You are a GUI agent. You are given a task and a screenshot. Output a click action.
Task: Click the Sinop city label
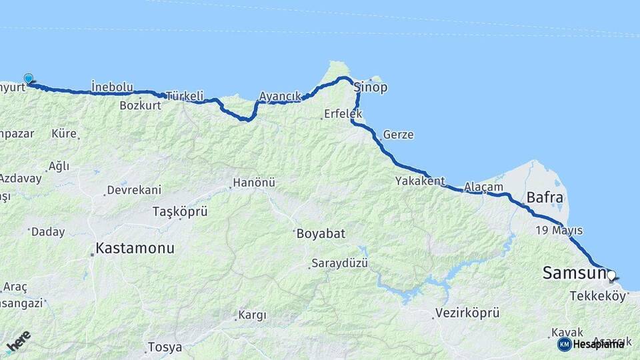pyautogui.click(x=371, y=88)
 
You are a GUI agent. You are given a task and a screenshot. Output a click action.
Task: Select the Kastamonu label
pyautogui.click(x=135, y=248)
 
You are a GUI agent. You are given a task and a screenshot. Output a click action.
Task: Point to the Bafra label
pyautogui.click(x=545, y=197)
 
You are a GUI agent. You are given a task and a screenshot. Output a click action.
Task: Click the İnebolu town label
pyautogui.click(x=112, y=87)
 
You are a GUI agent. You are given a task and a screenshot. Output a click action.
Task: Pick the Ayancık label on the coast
pyautogui.click(x=280, y=96)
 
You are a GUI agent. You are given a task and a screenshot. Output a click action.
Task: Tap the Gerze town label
pyautogui.click(x=398, y=135)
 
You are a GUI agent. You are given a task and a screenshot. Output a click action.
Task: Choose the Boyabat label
pyautogui.click(x=320, y=234)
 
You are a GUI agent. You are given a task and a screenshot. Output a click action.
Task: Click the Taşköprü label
pyautogui.click(x=180, y=212)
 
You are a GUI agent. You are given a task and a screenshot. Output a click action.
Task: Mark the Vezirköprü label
pyautogui.click(x=467, y=312)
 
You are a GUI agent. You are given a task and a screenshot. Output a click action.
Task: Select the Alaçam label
pyautogui.click(x=483, y=187)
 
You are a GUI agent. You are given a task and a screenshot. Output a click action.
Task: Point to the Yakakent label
pyautogui.click(x=419, y=181)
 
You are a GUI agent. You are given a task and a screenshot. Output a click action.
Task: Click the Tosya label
pyautogui.click(x=165, y=347)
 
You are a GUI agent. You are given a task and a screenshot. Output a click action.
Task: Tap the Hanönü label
pyautogui.click(x=253, y=182)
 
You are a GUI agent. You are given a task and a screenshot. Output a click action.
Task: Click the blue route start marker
pyautogui.click(x=29, y=79)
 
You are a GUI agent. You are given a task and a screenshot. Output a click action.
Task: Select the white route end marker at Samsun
pyautogui.click(x=611, y=275)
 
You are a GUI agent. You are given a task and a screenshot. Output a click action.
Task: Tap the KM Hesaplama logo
pyautogui.click(x=591, y=344)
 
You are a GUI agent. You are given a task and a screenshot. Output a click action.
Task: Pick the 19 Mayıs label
pyautogui.click(x=559, y=231)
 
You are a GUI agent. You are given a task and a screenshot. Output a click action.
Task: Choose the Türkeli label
pyautogui.click(x=183, y=95)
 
